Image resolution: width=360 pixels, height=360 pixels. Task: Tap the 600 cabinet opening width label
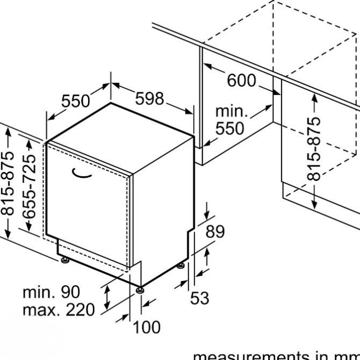(x=242, y=81)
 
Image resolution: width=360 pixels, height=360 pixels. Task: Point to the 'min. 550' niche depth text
(x=229, y=120)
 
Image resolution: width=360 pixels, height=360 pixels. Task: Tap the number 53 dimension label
(x=200, y=298)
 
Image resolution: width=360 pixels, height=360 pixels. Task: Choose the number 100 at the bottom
(x=146, y=327)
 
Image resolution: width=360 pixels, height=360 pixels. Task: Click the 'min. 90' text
(x=51, y=293)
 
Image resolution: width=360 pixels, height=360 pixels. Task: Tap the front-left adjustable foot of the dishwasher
(x=65, y=261)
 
